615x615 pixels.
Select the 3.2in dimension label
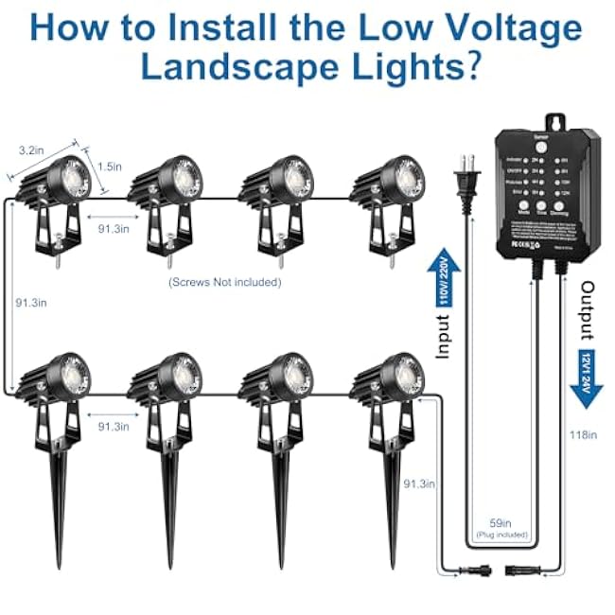point(32,149)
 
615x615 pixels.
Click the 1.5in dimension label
point(109,167)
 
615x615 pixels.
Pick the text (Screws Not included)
point(224,282)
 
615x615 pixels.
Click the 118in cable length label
point(584,434)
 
